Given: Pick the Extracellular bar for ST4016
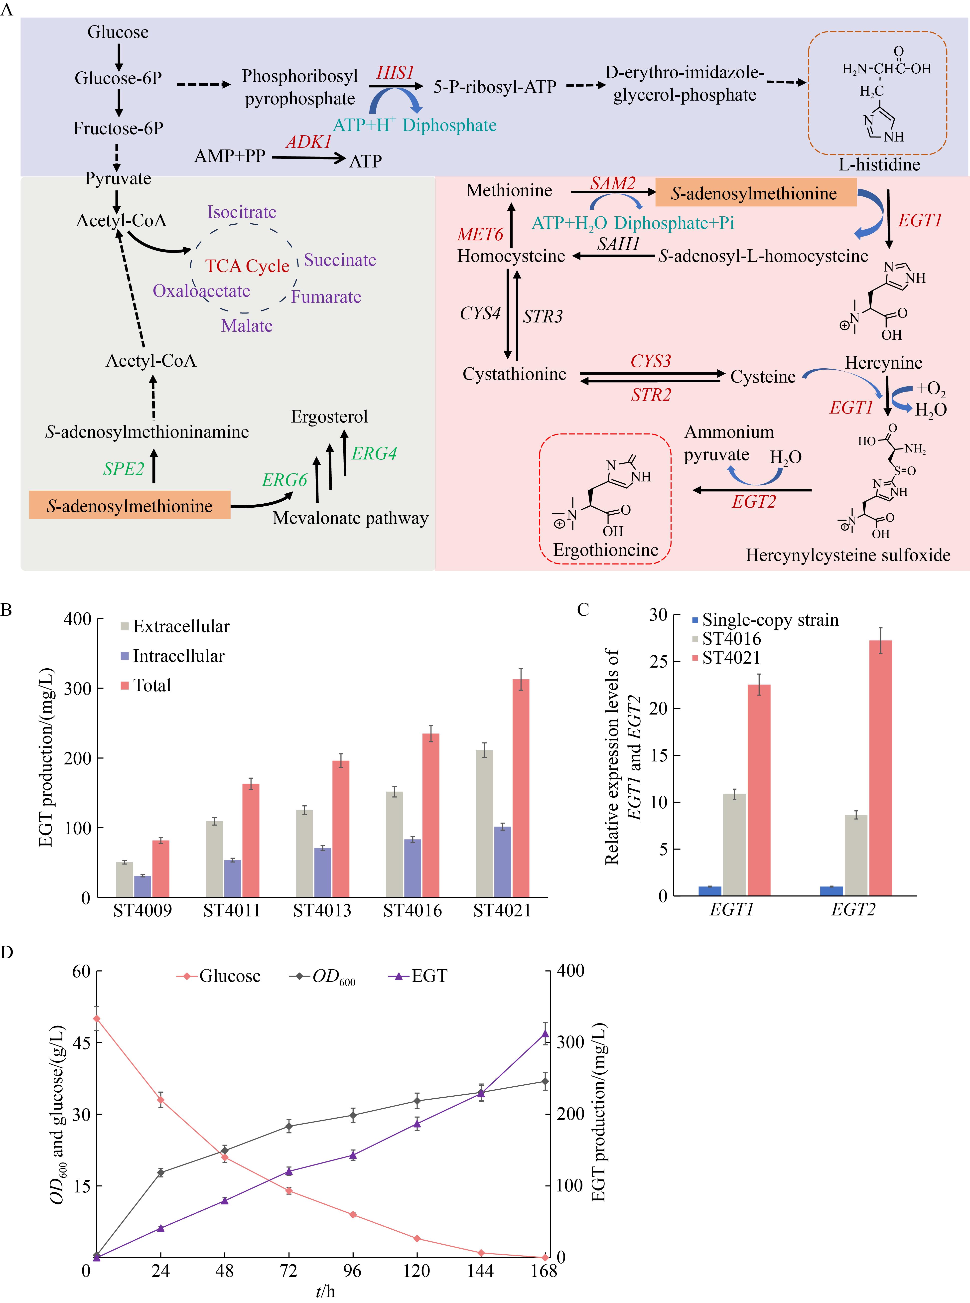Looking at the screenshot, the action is point(395,844).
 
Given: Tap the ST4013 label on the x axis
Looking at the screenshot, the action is point(322,911).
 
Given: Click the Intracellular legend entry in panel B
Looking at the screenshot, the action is point(173,656).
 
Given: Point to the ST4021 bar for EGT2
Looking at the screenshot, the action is point(881,768).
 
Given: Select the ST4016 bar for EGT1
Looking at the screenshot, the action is point(734,845).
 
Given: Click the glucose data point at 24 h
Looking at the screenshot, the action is point(160,1100).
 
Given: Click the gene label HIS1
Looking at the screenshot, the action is point(395,73).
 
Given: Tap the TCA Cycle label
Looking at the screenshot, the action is point(247,266).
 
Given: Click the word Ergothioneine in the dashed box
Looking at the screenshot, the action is point(606,550).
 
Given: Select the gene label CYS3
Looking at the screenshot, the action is point(651,361).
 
